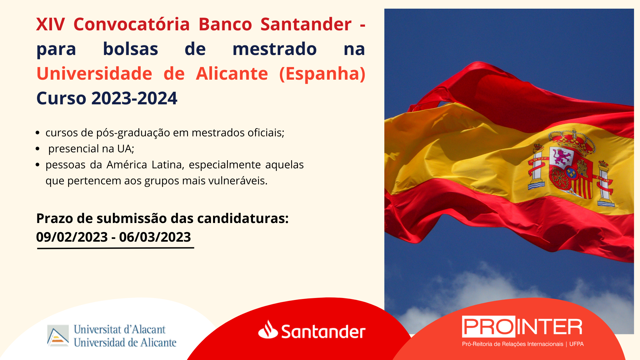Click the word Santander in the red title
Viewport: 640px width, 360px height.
coord(306,24)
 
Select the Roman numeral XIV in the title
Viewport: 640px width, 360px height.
coord(50,24)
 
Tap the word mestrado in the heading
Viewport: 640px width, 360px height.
coord(274,49)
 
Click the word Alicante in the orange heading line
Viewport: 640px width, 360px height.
coord(232,73)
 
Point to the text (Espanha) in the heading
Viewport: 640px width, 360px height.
coord(322,74)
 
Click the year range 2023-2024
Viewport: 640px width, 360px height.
coord(134,98)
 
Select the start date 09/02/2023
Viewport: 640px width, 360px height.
coord(72,237)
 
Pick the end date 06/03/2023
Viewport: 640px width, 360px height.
coord(155,237)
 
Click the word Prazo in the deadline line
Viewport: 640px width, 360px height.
coord(54,219)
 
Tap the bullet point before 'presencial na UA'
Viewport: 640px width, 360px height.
coord(38,149)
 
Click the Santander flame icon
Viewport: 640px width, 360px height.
coord(268,329)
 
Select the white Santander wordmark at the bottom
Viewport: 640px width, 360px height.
coord(323,331)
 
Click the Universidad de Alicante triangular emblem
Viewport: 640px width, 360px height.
coord(58,336)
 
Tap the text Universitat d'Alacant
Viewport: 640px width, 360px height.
coord(120,329)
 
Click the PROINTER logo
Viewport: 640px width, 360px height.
coord(522,327)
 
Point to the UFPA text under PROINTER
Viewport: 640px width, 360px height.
coord(577,344)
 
